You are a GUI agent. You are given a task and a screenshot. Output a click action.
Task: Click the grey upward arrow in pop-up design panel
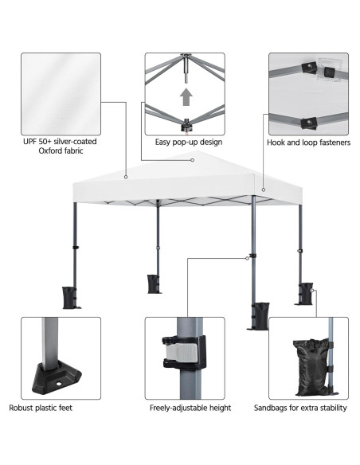186,97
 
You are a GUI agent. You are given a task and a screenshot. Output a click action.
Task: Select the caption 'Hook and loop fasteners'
308,143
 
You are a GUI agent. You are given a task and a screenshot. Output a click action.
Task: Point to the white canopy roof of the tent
183,175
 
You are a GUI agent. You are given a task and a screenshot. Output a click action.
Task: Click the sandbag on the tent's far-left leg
70,295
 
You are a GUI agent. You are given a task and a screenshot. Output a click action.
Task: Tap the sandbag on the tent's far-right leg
305,291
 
